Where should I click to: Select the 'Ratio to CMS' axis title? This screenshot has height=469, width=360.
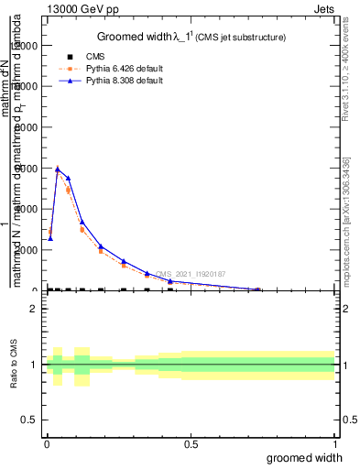point(15,376)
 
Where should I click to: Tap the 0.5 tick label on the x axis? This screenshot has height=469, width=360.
point(191,444)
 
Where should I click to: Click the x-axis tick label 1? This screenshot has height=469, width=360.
point(334,444)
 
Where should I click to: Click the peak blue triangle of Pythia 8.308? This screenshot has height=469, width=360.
point(58,169)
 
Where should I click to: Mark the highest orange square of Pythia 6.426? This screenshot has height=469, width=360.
point(58,170)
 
